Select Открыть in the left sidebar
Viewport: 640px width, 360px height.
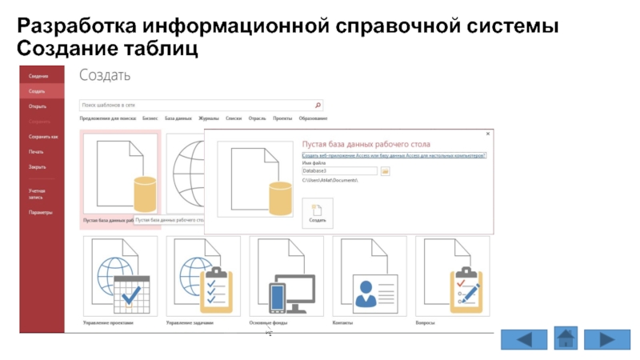(x=37, y=106)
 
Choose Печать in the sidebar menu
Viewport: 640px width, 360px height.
(x=36, y=151)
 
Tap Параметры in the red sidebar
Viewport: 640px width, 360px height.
(x=41, y=213)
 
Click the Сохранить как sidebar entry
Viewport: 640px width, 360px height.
(x=43, y=137)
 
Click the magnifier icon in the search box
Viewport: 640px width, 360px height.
(x=318, y=104)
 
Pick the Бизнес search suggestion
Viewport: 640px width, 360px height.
(x=150, y=118)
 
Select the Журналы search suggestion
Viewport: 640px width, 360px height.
(x=209, y=118)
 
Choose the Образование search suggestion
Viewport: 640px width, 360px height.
(x=313, y=118)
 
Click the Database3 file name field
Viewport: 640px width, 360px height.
(x=339, y=171)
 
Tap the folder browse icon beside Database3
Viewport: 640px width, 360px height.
(x=385, y=171)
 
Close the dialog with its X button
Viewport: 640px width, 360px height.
(x=488, y=134)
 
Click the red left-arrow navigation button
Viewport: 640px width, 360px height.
(x=525, y=339)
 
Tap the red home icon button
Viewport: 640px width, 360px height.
(x=566, y=338)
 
